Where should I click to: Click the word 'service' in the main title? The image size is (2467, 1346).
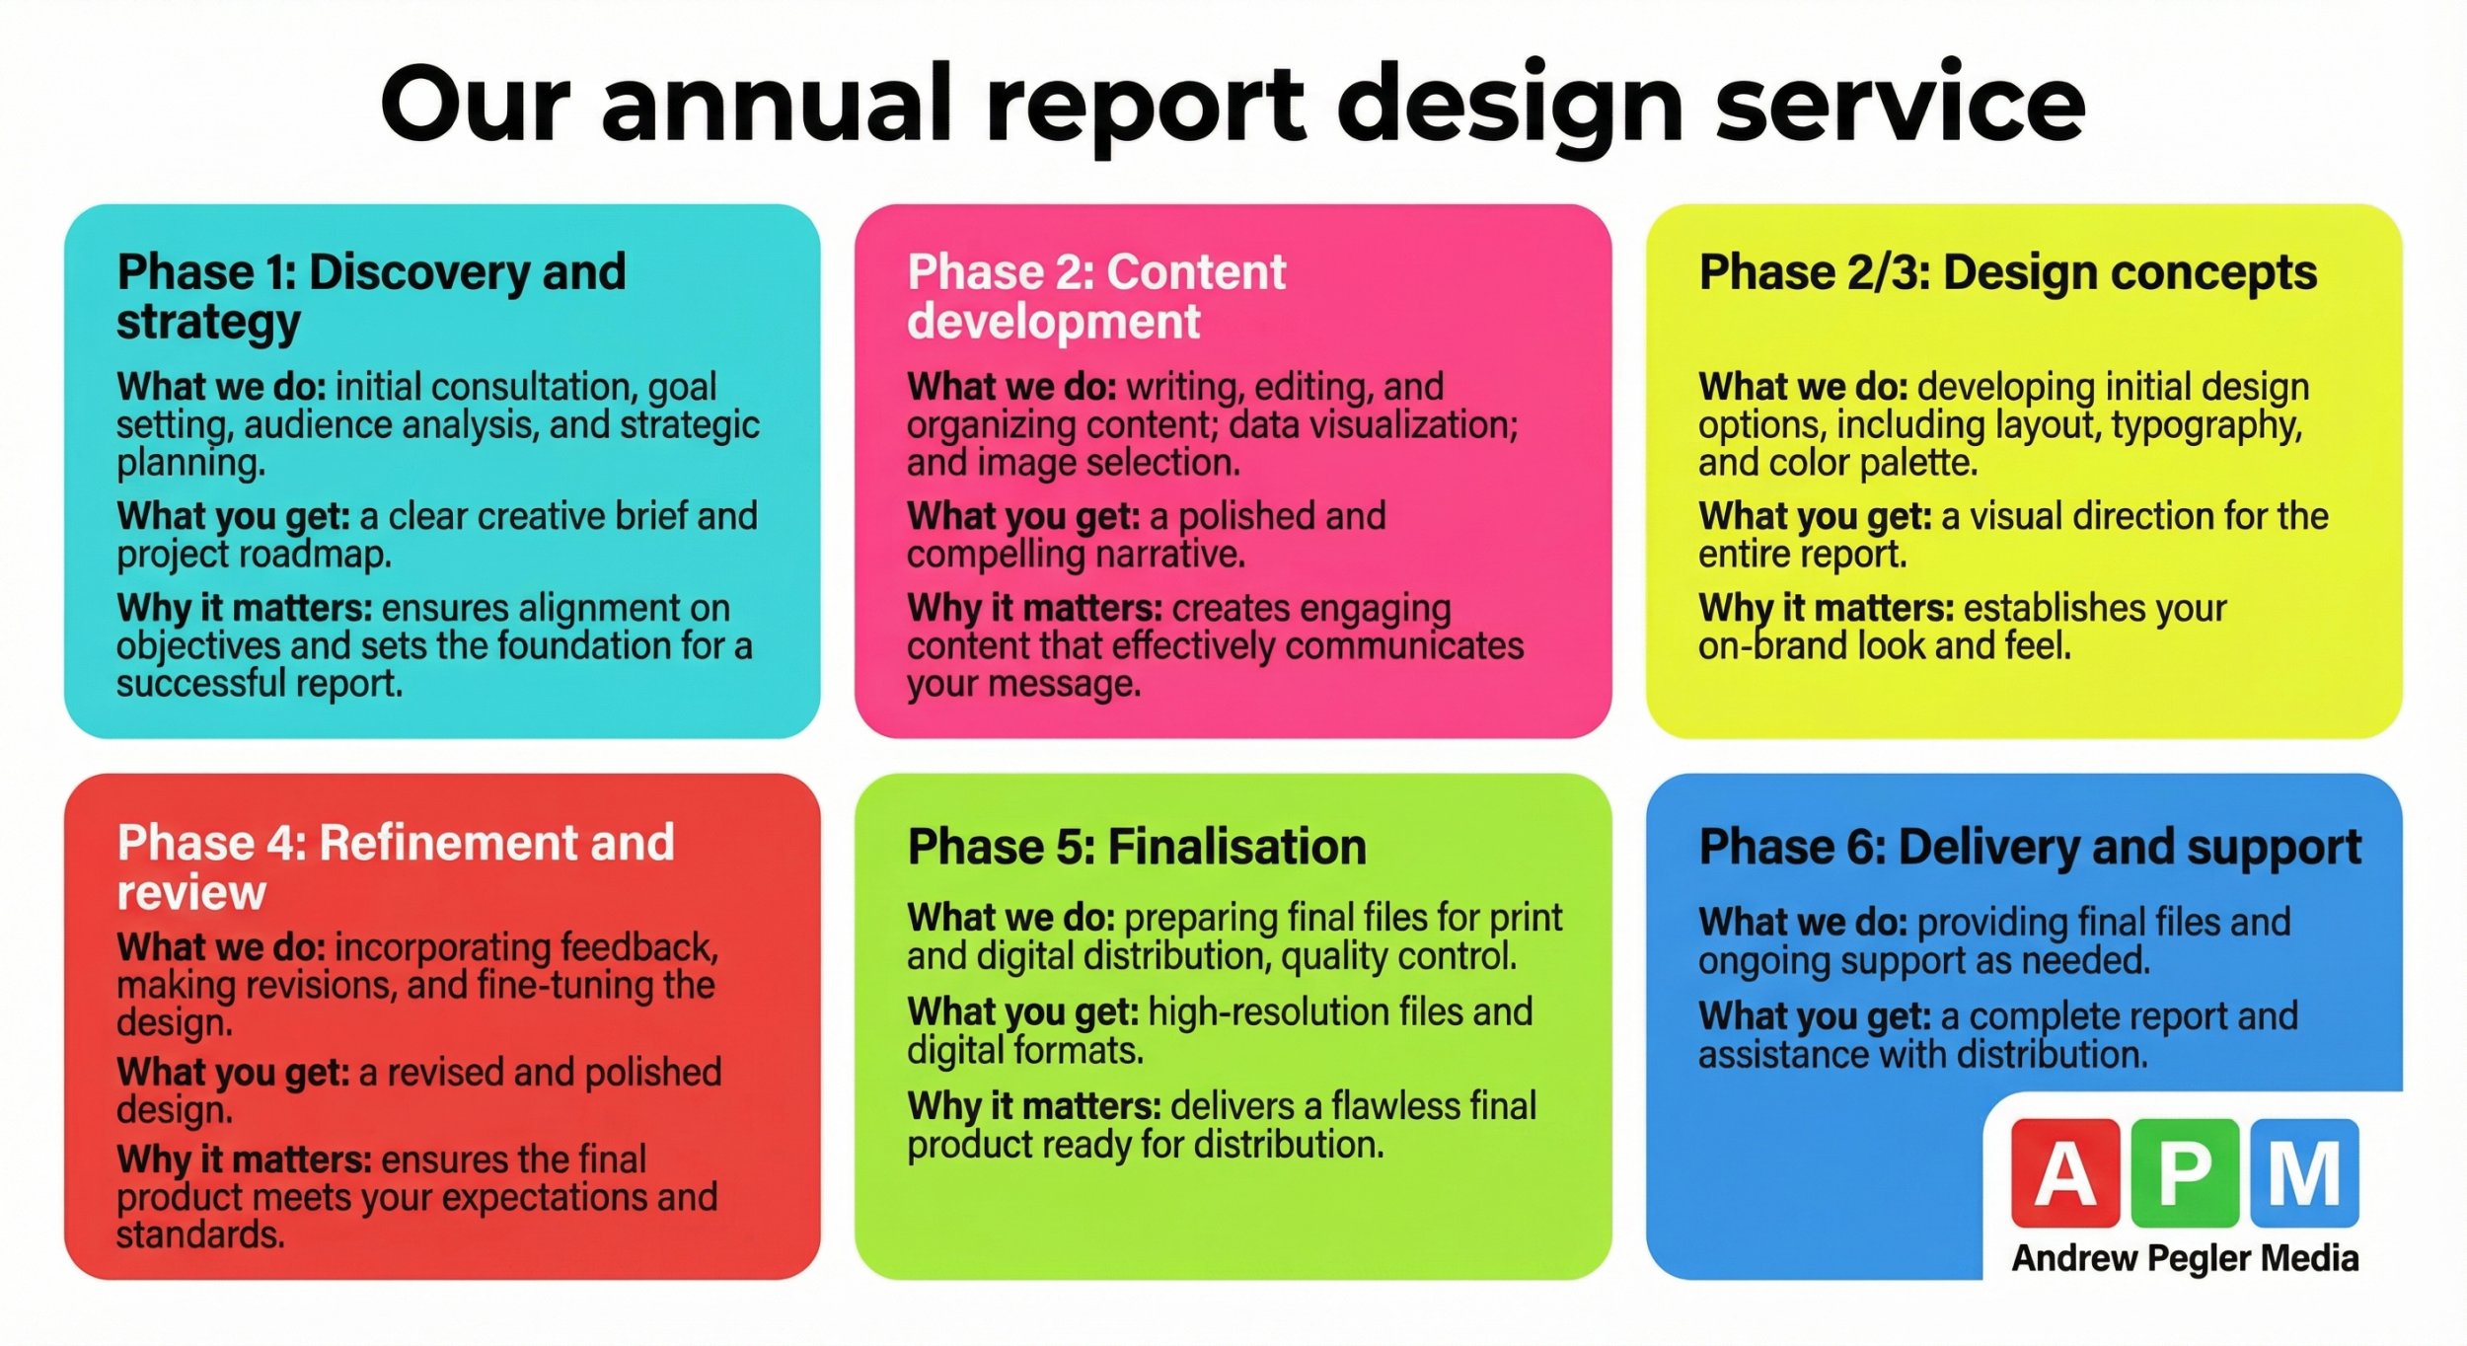pyautogui.click(x=1900, y=104)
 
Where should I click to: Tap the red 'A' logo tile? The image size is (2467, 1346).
pyautogui.click(x=2065, y=1173)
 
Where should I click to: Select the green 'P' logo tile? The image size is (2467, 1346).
pyautogui.click(x=2185, y=1173)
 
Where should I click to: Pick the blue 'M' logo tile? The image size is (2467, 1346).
pyautogui.click(x=2304, y=1173)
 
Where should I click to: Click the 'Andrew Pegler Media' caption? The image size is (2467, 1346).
pyautogui.click(x=2185, y=1259)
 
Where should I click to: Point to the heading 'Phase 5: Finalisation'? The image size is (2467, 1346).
pyautogui.click(x=1136, y=847)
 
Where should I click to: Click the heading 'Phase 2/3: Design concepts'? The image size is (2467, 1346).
pyautogui.click(x=2007, y=272)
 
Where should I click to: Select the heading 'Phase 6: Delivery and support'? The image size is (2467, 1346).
pyautogui.click(x=2030, y=848)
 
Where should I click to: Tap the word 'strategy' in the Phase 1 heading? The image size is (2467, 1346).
pyautogui.click(x=208, y=323)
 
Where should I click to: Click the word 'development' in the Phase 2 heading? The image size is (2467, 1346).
pyautogui.click(x=1053, y=322)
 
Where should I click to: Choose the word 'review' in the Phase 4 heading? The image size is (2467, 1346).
pyautogui.click(x=191, y=892)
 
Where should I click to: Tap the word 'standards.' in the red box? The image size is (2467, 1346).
pyautogui.click(x=200, y=1234)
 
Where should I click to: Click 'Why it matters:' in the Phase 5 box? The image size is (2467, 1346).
pyautogui.click(x=1033, y=1106)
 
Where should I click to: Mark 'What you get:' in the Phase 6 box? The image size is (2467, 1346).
pyautogui.click(x=1814, y=1016)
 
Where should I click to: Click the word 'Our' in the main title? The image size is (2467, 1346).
pyautogui.click(x=476, y=104)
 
